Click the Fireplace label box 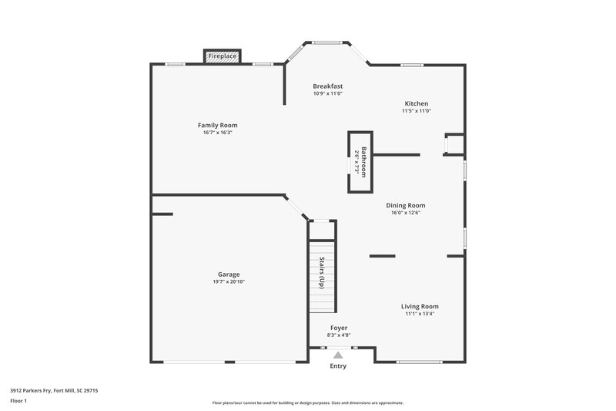point(223,56)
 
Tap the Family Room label point(217,125)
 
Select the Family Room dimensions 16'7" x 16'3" point(217,133)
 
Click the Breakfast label point(327,86)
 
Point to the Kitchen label point(417,103)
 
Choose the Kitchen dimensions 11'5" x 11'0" point(417,111)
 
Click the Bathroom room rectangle point(360,162)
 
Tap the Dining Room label point(406,205)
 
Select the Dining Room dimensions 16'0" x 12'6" point(406,213)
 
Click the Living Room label point(420,306)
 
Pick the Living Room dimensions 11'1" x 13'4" point(420,314)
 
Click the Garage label point(229,274)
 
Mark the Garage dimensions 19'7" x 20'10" point(229,281)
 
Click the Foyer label point(339,328)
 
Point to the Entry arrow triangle point(338,355)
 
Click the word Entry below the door point(338,366)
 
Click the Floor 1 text point(19,401)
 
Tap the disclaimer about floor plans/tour point(308,403)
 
